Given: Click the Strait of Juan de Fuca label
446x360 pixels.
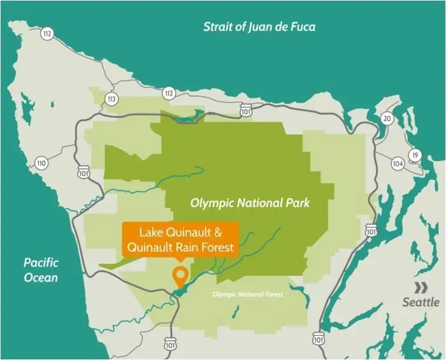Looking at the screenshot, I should tap(259, 27).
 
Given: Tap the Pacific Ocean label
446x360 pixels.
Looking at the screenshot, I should tap(41, 270).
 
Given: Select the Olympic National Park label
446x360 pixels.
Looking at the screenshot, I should tap(250, 203).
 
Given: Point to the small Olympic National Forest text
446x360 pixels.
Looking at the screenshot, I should tap(247, 294).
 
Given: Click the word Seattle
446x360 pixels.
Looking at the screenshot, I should tap(421, 302).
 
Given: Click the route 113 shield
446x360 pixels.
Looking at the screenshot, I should tap(112, 99).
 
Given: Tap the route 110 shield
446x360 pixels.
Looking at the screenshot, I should tap(42, 163).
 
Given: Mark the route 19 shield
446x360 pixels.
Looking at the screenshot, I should tap(415, 155).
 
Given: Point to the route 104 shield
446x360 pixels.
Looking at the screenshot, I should tap(398, 164).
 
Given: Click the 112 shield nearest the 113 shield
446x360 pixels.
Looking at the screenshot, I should tap(168, 93).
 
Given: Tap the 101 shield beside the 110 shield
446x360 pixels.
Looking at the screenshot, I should tap(83, 173).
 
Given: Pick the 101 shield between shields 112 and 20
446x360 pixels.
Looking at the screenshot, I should tap(247, 112).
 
